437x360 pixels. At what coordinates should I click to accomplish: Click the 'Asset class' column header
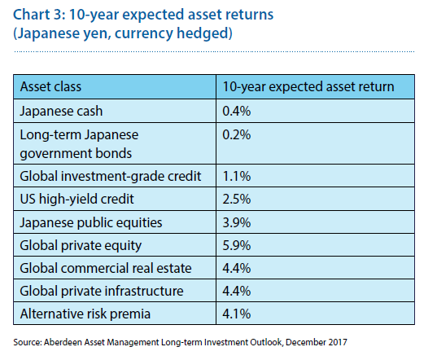coord(50,86)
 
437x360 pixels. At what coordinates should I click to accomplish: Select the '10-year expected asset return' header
coord(308,87)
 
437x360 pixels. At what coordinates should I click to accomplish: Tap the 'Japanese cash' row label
coord(61,112)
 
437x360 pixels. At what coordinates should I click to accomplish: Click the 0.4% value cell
coord(236,111)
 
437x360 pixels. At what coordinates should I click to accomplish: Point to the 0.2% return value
coord(236,134)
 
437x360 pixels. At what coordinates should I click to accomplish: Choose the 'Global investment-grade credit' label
coord(111,177)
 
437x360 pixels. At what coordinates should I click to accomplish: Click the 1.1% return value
coord(236,176)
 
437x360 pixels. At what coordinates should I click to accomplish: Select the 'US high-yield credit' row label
coord(76,200)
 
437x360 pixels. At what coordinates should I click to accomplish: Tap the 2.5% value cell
coord(236,199)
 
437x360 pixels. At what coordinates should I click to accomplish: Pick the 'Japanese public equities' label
coord(91,223)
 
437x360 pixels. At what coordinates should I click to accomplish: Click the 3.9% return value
coord(236,222)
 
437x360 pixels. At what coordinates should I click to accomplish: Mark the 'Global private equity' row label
coord(81,246)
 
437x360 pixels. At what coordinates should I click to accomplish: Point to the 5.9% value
coord(236,245)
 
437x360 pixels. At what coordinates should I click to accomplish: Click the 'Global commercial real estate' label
coord(106,268)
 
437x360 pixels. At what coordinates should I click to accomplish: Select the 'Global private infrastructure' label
coord(102,291)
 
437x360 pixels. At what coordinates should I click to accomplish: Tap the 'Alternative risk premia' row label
coord(85,314)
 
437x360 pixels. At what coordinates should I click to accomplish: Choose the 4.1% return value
coord(236,314)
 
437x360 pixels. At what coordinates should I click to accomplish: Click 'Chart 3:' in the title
coord(39,15)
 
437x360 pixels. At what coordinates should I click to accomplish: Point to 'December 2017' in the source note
coord(317,342)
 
